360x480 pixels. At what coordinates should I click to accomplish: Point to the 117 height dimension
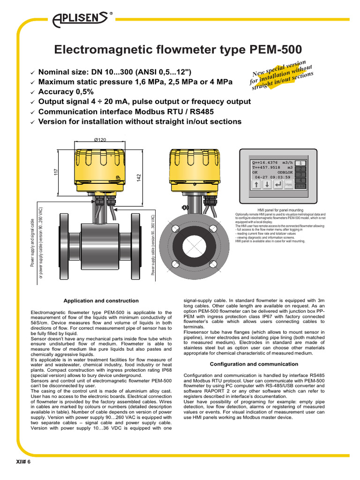pyautogui.click(x=55, y=172)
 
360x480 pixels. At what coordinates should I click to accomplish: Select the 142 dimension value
pyautogui.click(x=139, y=178)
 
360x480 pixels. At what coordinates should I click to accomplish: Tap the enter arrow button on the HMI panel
pyautogui.click(x=278, y=185)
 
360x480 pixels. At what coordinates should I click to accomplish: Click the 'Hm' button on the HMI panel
pyautogui.click(x=289, y=185)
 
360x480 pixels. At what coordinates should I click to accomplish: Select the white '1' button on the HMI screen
pyautogui.click(x=302, y=163)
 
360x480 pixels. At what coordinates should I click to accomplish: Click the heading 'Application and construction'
pyautogui.click(x=101, y=300)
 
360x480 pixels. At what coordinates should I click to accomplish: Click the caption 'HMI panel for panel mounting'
pyautogui.click(x=280, y=210)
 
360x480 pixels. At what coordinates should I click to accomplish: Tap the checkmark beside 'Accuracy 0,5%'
pyautogui.click(x=32, y=92)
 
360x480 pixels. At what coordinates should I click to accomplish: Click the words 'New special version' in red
pyautogui.click(x=279, y=68)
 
